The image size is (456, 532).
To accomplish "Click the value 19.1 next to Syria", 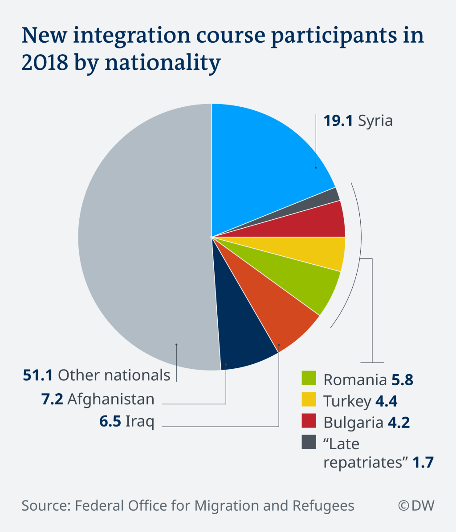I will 338,121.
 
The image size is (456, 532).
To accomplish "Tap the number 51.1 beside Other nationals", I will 38,375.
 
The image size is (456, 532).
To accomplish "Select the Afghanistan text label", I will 111,399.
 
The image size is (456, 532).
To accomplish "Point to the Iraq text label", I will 140,421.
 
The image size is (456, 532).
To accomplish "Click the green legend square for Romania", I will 309,378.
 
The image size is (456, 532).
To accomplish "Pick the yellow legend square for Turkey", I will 309,399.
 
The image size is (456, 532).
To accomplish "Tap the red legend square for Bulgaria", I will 309,421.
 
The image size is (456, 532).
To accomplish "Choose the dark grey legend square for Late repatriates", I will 309,442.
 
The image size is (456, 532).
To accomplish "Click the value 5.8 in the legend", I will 402,380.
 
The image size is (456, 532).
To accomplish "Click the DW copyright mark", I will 416,506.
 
